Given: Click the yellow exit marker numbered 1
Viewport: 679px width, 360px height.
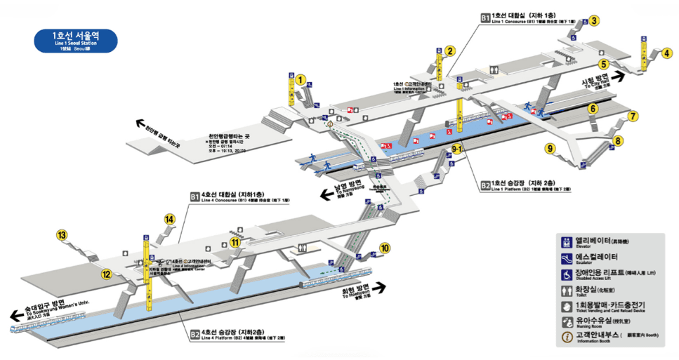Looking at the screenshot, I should pyautogui.click(x=300, y=80).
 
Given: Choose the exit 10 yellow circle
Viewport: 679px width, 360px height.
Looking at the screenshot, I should pyautogui.click(x=385, y=247).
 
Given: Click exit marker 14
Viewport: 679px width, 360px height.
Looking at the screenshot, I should pyautogui.click(x=169, y=219).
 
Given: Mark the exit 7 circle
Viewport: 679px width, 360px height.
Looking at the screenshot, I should pyautogui.click(x=633, y=116).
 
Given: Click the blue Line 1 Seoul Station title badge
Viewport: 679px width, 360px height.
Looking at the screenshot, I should pyautogui.click(x=77, y=41).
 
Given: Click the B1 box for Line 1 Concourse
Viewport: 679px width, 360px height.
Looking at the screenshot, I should pyautogui.click(x=485, y=18).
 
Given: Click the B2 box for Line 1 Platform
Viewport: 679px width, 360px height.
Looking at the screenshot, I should pyautogui.click(x=485, y=185).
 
